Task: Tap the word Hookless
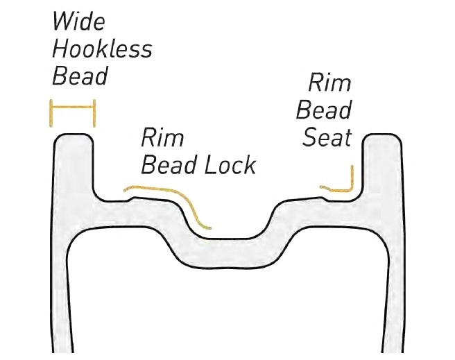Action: [x=102, y=49]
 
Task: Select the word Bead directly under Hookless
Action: [x=80, y=76]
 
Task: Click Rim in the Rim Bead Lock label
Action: [x=162, y=137]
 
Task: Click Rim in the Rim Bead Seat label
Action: [x=329, y=84]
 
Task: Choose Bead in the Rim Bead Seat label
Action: [x=324, y=110]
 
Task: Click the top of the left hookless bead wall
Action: [x=72, y=137]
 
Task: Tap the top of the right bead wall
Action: [x=380, y=137]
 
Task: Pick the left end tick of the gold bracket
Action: [x=51, y=113]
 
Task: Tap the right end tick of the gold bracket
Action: [x=92, y=113]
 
